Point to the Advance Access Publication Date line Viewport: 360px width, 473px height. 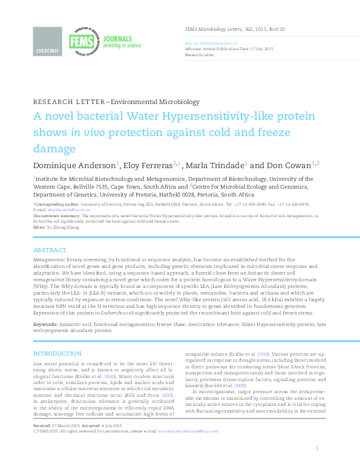tap(228, 48)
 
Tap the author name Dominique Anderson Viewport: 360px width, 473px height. tap(74, 165)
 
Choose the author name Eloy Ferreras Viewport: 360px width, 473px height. tap(148, 165)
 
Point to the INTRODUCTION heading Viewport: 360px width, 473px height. tap(57, 353)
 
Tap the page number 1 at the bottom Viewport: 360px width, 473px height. tap(318, 465)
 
